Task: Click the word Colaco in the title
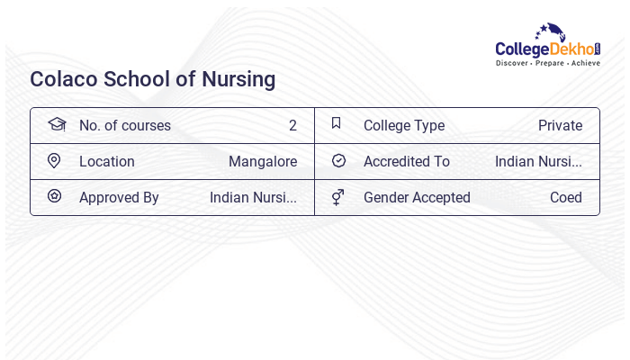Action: coord(63,79)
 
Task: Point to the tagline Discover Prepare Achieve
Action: coord(547,63)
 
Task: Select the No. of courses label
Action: coord(125,125)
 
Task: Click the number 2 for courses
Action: coord(292,125)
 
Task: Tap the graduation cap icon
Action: coord(56,124)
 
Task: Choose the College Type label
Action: coord(404,125)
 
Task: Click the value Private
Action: coord(560,125)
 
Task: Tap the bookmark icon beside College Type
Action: coord(337,123)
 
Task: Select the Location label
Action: coord(107,161)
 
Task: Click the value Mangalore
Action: coord(263,161)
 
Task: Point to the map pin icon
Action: coord(54,160)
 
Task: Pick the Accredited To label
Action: coord(407,161)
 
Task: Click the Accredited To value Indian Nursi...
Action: coord(538,161)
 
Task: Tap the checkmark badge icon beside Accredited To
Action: coord(338,160)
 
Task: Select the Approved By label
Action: coord(119,197)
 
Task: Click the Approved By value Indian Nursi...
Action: coord(253,197)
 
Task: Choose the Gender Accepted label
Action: coord(417,197)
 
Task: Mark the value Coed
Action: coord(566,197)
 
